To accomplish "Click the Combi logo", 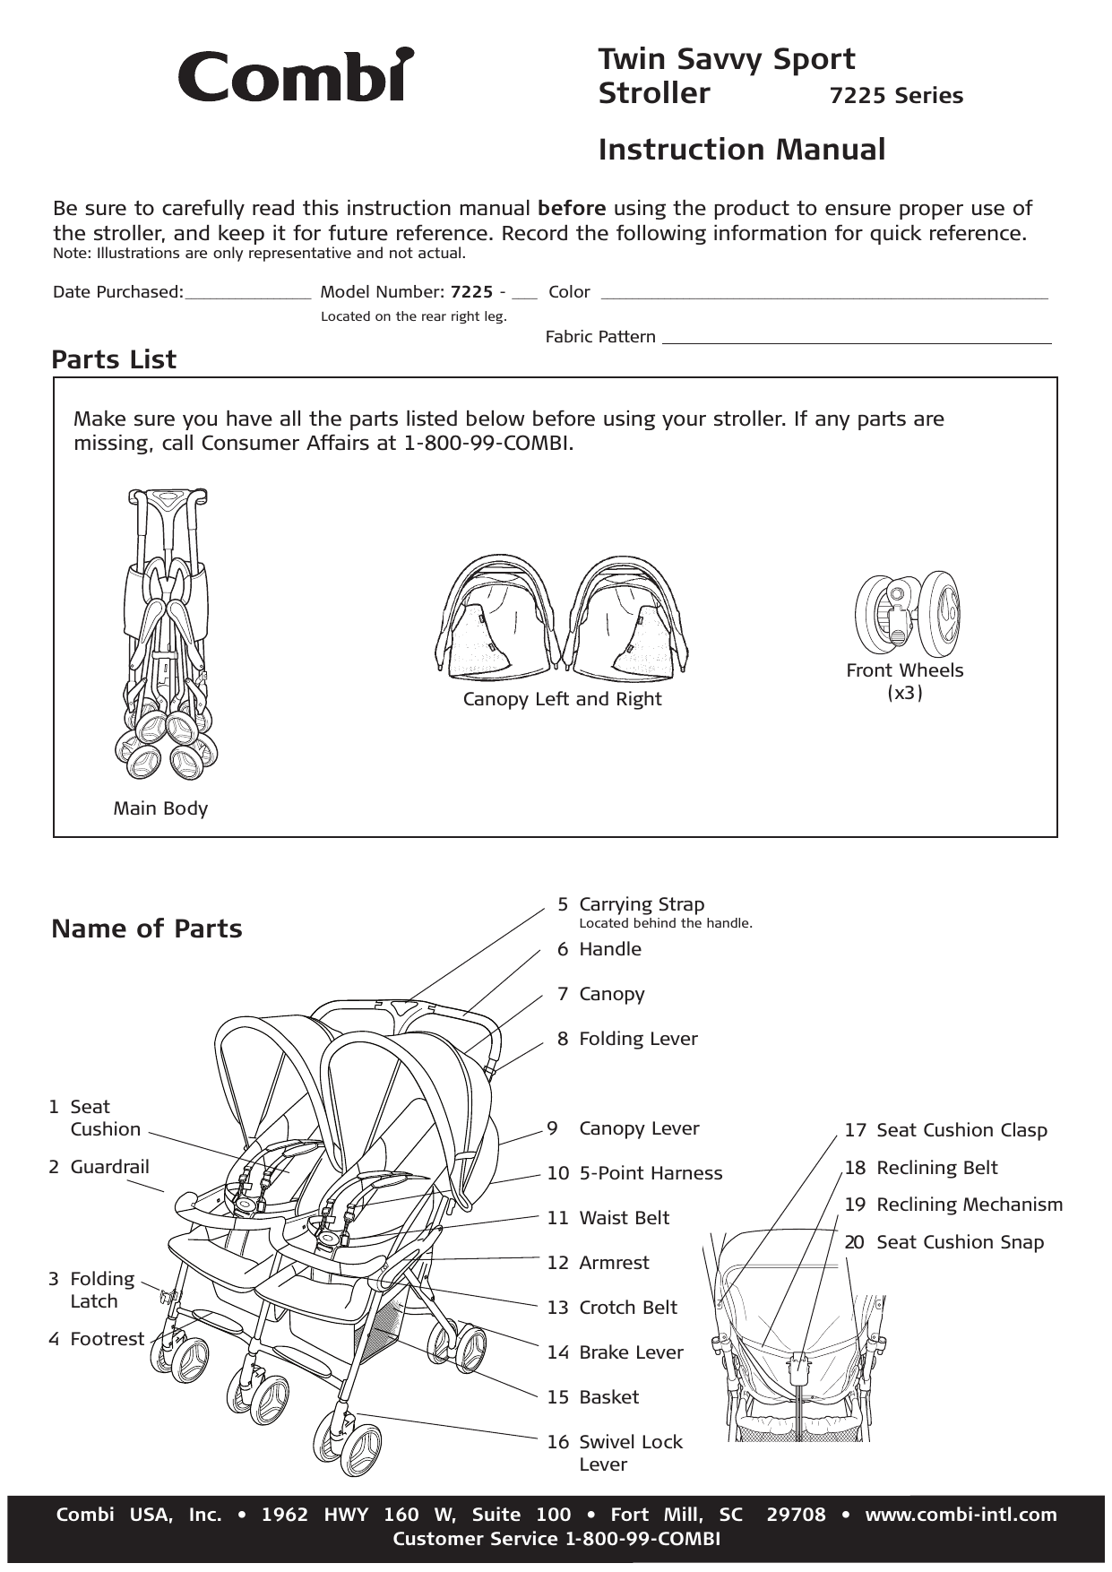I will click(x=296, y=75).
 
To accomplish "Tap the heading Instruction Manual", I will click(x=741, y=150).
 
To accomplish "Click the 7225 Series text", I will click(x=896, y=96).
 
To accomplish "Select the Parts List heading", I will click(x=114, y=359).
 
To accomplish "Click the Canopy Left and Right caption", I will click(x=562, y=699).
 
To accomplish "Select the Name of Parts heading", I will click(x=147, y=929).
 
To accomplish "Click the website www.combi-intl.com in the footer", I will click(x=961, y=1515).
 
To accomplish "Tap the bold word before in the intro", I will click(x=572, y=209).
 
